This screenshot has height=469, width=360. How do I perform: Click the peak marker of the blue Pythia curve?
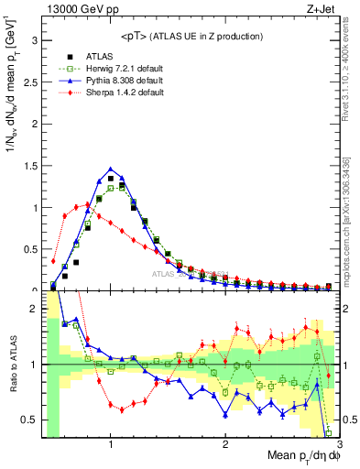(111, 169)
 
